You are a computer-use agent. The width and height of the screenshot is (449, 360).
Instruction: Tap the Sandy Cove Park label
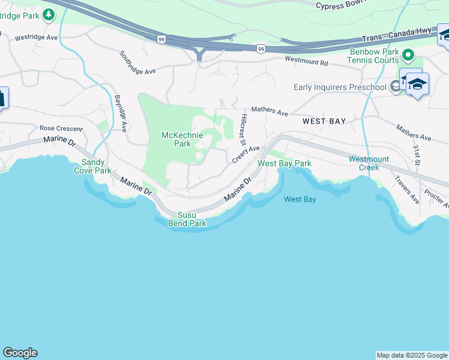point(93,166)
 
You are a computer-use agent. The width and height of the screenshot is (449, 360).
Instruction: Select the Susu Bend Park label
point(192,220)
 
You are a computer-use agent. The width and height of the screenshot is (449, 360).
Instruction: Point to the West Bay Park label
point(285,163)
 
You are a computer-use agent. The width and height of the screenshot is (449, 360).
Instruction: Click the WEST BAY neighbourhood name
point(324,121)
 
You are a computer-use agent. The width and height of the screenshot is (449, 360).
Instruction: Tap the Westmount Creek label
point(369,163)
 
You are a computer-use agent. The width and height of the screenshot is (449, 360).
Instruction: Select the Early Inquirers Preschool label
point(340,88)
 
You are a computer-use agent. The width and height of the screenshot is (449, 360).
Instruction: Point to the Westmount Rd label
point(307,61)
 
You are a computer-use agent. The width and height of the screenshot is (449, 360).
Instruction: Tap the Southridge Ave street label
point(137,62)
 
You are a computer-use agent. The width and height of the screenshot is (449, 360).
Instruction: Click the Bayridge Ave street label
point(121,112)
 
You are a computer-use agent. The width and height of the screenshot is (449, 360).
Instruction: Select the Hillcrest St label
point(244,130)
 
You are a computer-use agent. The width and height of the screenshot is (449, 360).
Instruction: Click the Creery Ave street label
point(246,154)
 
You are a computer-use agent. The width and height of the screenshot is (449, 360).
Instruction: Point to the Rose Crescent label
point(60,128)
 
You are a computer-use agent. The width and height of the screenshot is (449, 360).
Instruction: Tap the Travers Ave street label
point(406,190)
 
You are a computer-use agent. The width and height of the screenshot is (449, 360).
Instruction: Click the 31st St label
point(416,155)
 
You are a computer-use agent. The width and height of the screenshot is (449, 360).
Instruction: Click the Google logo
point(20,353)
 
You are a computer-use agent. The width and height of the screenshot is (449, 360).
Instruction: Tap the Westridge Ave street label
point(36,37)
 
